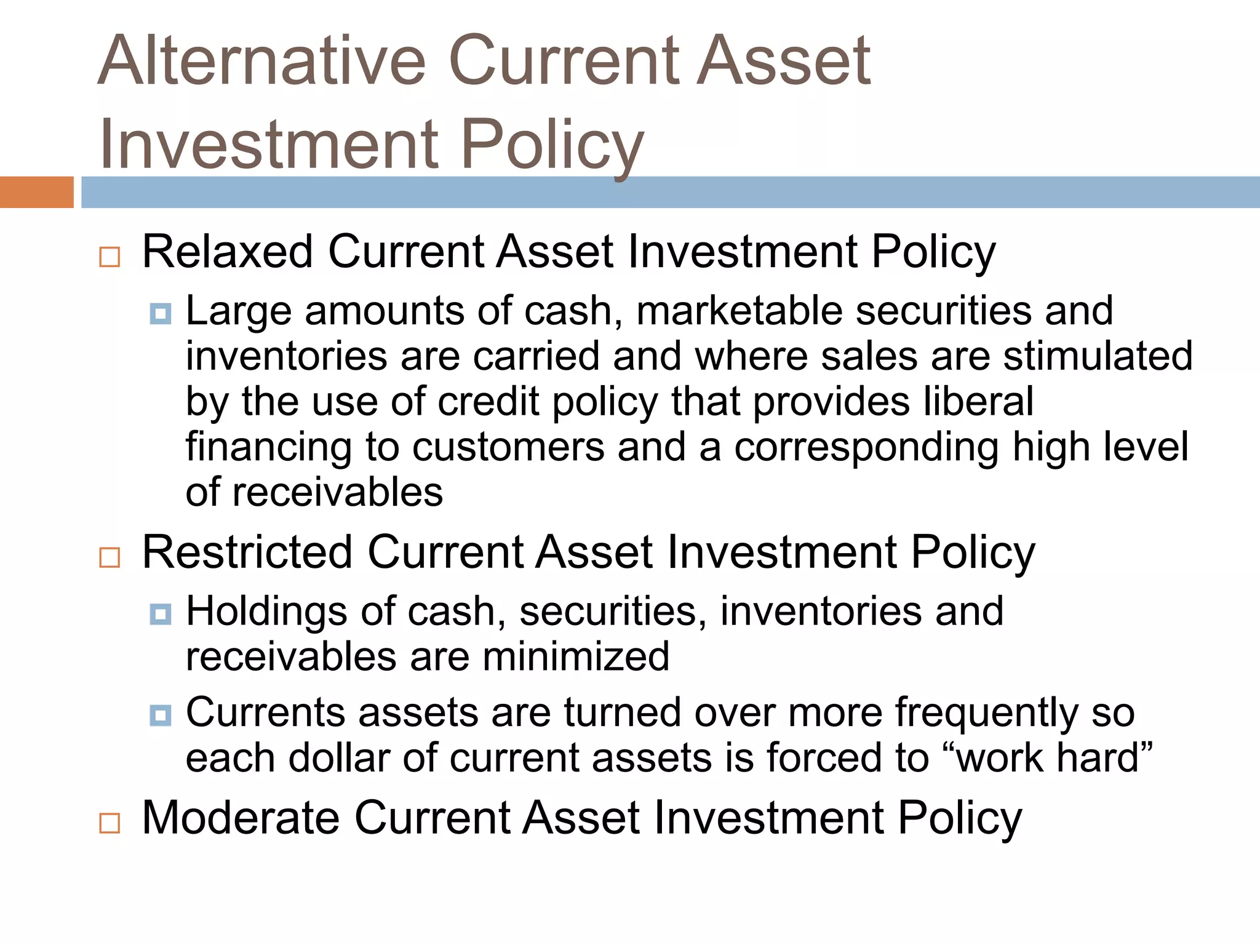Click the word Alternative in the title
(x=262, y=62)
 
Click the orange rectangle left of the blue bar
(x=36, y=192)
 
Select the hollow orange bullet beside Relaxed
(x=110, y=257)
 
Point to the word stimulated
(x=1098, y=356)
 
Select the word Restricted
(x=247, y=552)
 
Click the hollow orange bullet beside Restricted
(x=110, y=557)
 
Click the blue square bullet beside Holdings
(x=161, y=614)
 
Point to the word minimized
(x=576, y=656)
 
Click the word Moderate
(x=241, y=818)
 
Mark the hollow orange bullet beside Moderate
(x=110, y=823)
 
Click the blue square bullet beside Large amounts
(x=161, y=314)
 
